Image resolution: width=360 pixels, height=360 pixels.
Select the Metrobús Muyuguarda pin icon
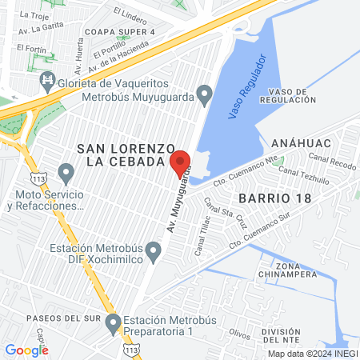tap(205, 98)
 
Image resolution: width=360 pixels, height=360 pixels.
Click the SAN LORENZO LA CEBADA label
tap(125, 155)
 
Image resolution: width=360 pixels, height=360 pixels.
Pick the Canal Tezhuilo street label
tap(304, 175)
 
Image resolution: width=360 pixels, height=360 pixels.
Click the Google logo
tap(26, 350)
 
